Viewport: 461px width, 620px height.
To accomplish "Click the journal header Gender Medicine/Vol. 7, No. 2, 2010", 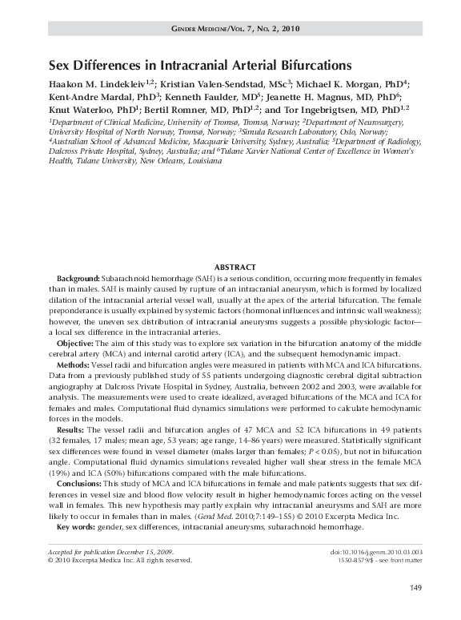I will tap(235, 29).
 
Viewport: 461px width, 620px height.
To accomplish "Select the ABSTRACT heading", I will tap(235, 267).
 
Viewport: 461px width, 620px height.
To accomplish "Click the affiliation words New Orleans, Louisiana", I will tap(183, 160).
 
